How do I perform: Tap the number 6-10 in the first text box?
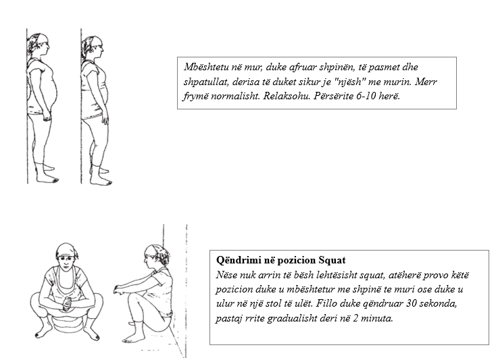point(366,96)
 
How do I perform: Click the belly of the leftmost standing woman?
point(51,91)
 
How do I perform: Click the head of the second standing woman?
point(93,47)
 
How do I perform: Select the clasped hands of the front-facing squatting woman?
point(67,303)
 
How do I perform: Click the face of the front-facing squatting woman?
point(66,263)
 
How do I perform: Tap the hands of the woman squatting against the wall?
point(119,290)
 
